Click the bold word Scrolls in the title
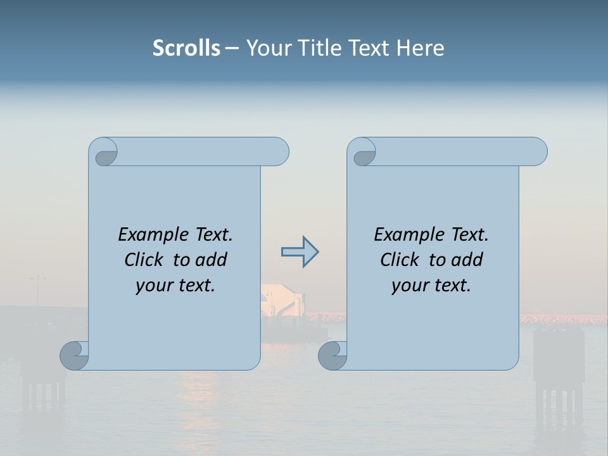click(186, 48)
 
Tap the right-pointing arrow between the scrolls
click(300, 251)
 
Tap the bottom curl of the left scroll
click(74, 355)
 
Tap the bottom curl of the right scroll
click(332, 355)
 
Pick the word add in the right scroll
click(468, 260)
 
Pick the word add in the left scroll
click(212, 260)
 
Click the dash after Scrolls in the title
click(232, 48)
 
